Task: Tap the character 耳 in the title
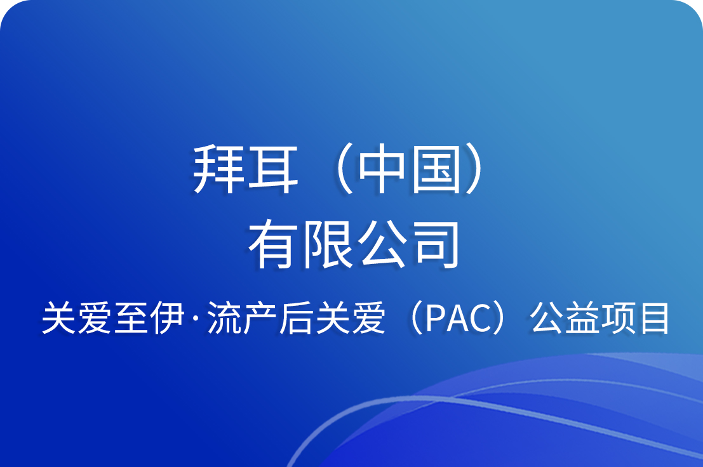pos(272,169)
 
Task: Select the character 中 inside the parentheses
pos(382,169)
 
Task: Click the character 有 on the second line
pos(273,244)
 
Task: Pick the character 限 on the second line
pos(328,244)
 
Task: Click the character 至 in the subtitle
pos(130,318)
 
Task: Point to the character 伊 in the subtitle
pos(167,318)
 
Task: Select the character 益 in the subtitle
pos(582,318)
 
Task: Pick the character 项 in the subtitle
pos(618,318)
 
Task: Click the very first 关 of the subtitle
pos(58,318)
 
